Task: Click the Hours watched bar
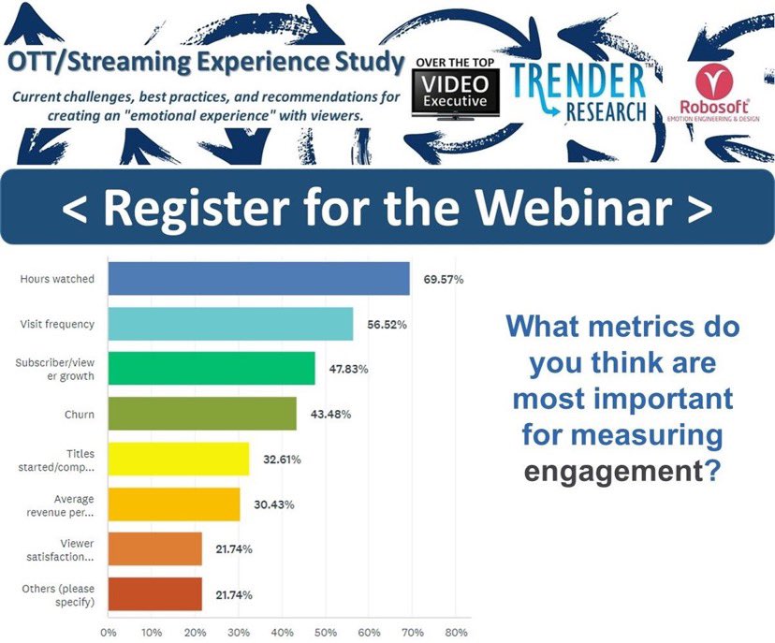coord(258,279)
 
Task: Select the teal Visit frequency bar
coord(230,324)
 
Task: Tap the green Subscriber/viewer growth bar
coord(212,369)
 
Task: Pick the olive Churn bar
coord(202,414)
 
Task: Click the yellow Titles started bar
coord(179,459)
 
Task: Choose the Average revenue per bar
coord(174,504)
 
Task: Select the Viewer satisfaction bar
coord(155,548)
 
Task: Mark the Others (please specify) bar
coord(155,594)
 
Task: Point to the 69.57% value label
coord(443,279)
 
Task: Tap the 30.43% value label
coord(273,504)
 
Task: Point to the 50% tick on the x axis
coord(325,633)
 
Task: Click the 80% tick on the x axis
coord(455,633)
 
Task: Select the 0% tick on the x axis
coord(109,633)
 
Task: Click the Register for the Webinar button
coord(387,208)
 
